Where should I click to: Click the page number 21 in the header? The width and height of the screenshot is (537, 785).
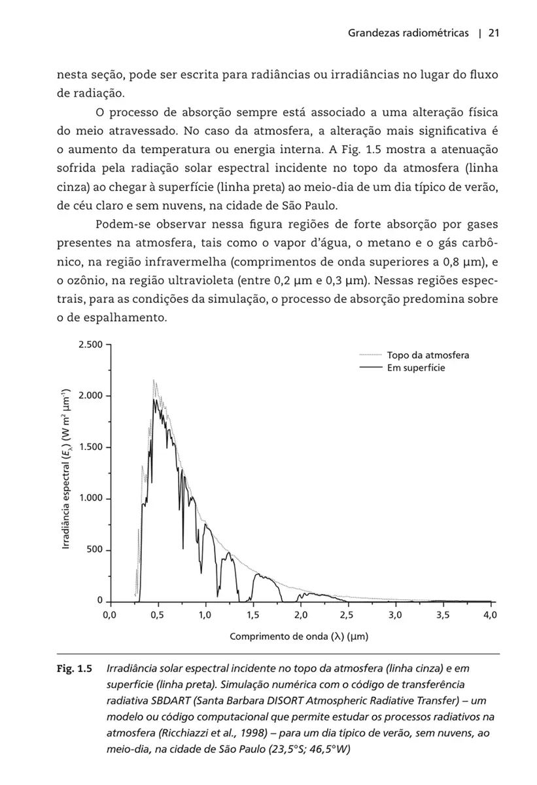click(494, 33)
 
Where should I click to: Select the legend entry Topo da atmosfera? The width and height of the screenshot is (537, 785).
click(428, 355)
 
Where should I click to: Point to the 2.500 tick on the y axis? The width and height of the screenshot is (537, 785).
click(90, 344)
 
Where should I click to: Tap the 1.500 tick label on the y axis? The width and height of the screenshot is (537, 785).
click(90, 447)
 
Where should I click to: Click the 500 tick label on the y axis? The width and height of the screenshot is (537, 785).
click(95, 550)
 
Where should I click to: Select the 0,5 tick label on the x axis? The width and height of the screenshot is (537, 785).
click(157, 616)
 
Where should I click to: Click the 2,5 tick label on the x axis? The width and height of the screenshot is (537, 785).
click(347, 616)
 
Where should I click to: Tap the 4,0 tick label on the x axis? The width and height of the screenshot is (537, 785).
click(490, 616)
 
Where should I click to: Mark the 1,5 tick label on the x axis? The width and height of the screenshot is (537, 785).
click(252, 616)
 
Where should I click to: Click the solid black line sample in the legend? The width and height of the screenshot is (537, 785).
click(370, 368)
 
